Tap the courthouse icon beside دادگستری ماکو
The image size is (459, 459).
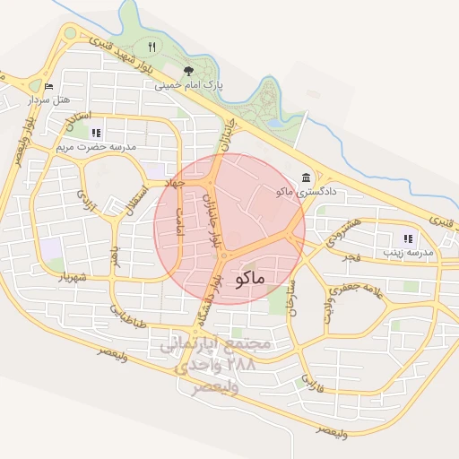pos(307,175)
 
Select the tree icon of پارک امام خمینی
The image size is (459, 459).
pos(188,71)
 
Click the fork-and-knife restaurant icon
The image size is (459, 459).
pos(152,47)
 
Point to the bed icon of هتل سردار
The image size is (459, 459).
pos(49,87)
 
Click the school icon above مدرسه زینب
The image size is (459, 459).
pos(408,238)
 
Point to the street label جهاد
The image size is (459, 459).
pos(172,182)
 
